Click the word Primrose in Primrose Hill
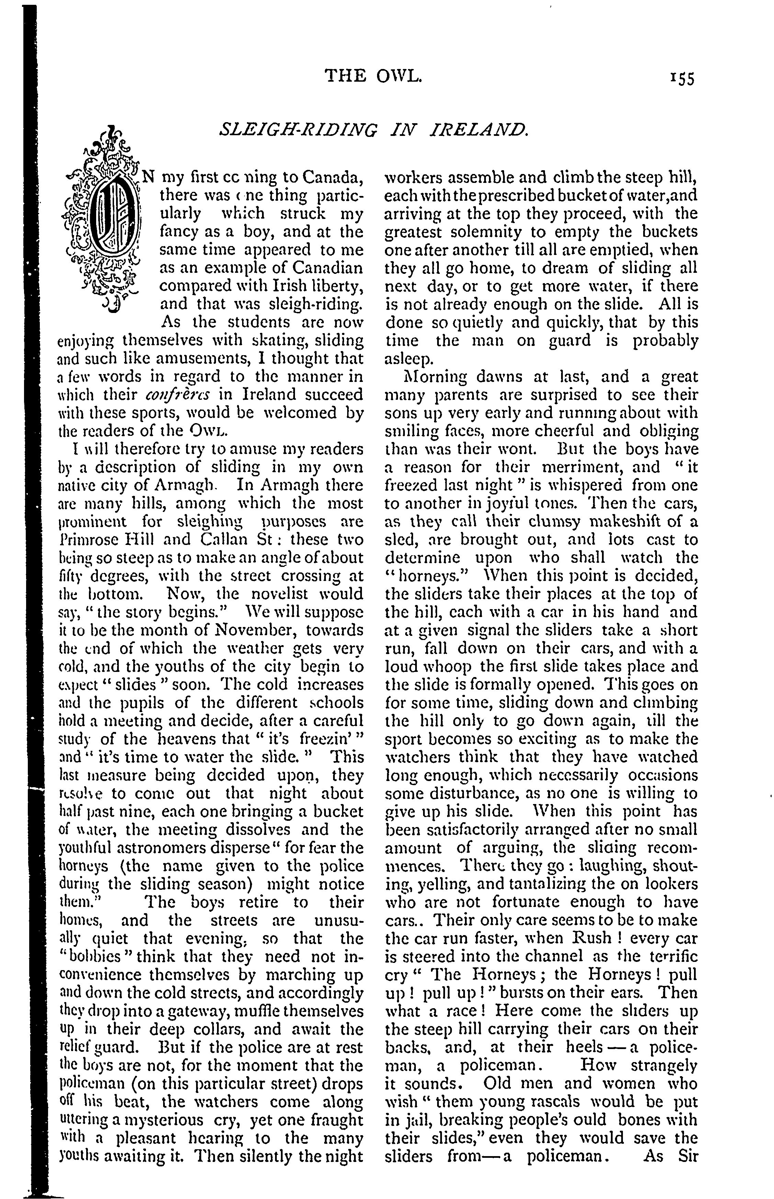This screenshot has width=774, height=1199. [x=91, y=539]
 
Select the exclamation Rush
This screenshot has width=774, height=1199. [x=592, y=938]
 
